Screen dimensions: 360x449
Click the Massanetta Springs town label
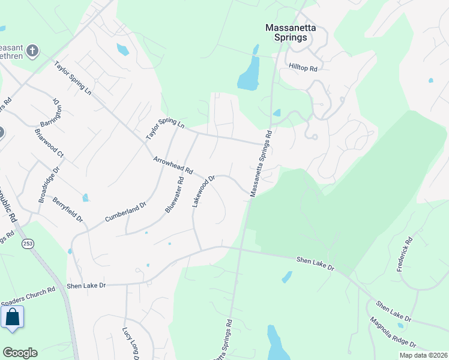pyautogui.click(x=287, y=32)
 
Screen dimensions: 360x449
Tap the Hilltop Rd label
pyautogui.click(x=303, y=68)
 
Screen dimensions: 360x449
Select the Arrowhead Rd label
pyautogui.click(x=173, y=166)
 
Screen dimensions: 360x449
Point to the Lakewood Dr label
pyautogui.click(x=203, y=191)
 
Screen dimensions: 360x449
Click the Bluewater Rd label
pyautogui.click(x=174, y=195)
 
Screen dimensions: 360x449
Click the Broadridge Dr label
pyautogui.click(x=45, y=188)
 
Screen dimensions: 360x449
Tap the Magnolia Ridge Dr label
pyautogui.click(x=393, y=333)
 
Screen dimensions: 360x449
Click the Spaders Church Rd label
pyautogui.click(x=28, y=289)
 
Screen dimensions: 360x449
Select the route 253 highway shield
pyautogui.click(x=27, y=243)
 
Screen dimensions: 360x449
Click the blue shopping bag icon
pyautogui.click(x=13, y=318)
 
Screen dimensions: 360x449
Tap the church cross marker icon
pyautogui.click(x=33, y=51)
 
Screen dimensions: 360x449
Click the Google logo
pyautogui.click(x=20, y=353)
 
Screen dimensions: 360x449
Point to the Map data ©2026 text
pyautogui.click(x=423, y=355)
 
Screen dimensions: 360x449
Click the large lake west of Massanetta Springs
pyautogui.click(x=248, y=75)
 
